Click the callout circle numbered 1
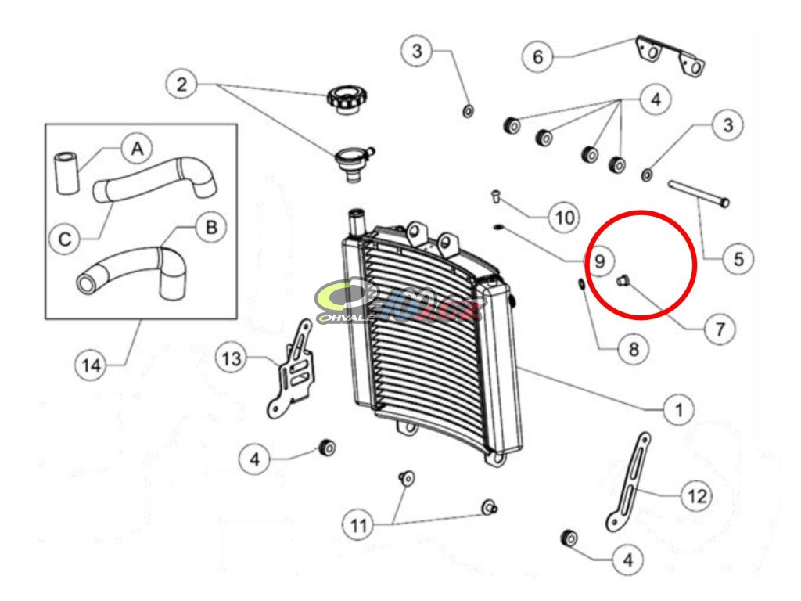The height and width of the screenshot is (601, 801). coord(679,408)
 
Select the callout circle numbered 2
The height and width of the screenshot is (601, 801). coord(181,84)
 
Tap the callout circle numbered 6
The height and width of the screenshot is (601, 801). coord(537,56)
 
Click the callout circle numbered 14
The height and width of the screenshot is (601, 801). coord(92,365)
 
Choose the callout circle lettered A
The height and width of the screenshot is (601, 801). coord(137,147)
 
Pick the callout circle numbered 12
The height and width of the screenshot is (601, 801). coord(697,495)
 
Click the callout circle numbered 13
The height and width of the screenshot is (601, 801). coord(232,359)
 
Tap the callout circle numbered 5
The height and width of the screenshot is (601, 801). coord(738,257)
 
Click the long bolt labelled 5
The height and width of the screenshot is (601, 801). coord(698,194)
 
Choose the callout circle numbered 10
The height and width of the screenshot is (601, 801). coord(563,216)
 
